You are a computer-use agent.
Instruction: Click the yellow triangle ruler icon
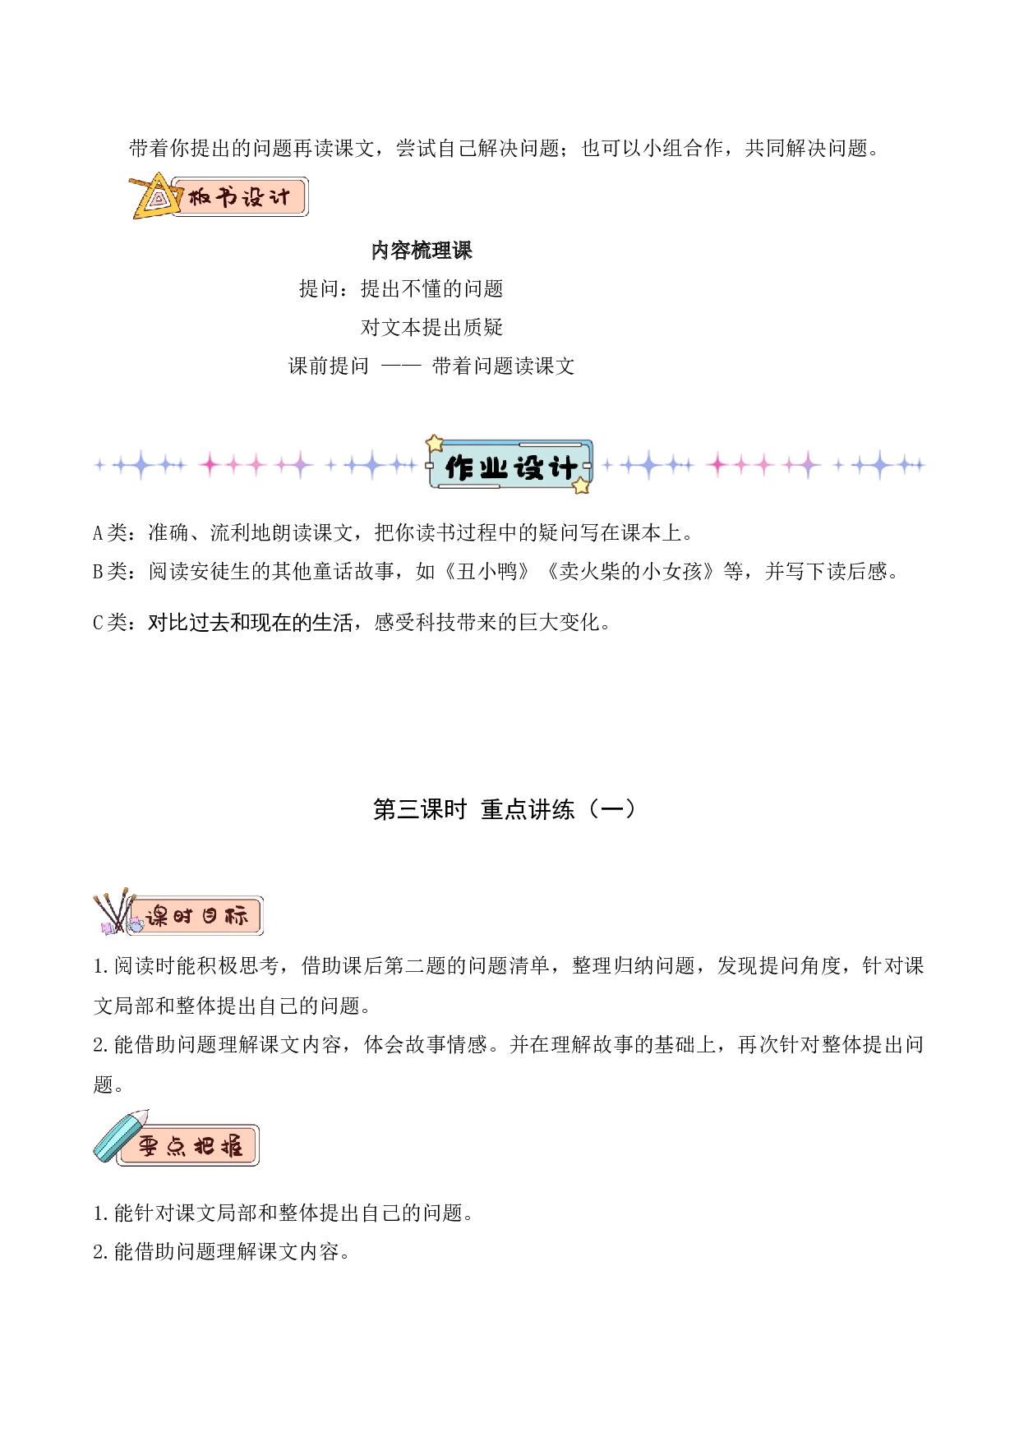156,198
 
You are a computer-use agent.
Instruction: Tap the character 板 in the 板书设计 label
200,198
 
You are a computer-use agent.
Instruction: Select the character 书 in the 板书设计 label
227,198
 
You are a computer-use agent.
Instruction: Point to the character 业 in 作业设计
493,468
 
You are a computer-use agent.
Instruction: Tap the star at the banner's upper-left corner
435,444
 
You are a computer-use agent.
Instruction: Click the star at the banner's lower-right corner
581,486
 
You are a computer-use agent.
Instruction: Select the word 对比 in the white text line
168,623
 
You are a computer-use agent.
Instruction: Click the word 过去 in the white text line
209,623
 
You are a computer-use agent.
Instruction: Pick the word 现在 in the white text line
270,623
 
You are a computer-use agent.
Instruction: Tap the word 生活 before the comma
332,623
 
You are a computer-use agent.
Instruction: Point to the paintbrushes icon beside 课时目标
115,913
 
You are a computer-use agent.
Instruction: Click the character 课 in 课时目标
157,916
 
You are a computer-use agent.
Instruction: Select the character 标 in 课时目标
236,916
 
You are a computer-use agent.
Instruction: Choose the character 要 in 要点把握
148,1146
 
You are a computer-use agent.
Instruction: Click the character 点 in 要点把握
176,1146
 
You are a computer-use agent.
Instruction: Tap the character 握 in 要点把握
232,1146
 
